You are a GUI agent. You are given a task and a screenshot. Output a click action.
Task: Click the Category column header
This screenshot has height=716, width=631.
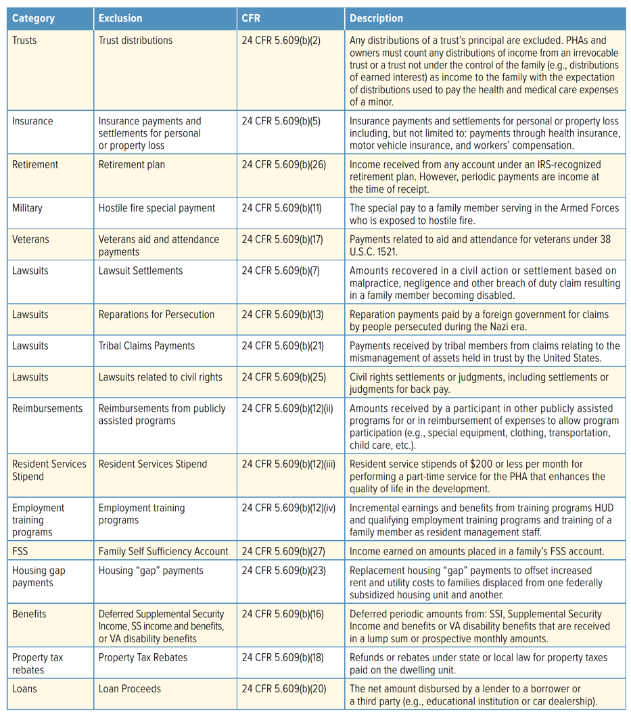33,18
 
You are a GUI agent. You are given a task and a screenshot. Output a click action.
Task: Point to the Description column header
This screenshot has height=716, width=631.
376,18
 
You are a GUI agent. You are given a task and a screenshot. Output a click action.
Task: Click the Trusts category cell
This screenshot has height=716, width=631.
24,41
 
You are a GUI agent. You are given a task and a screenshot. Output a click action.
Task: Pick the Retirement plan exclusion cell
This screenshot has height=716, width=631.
131,164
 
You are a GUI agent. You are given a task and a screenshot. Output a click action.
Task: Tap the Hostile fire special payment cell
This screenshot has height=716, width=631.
157,208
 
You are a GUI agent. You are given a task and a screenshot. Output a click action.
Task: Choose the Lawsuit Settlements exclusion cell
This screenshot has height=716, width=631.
141,270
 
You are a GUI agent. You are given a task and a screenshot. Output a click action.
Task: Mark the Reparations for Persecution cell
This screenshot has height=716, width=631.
156,314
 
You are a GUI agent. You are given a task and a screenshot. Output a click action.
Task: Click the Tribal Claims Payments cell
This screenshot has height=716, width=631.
147,345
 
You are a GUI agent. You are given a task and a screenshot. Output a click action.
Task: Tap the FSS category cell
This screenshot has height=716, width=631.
20,552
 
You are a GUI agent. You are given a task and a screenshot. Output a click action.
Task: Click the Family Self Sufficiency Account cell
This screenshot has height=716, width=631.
163,552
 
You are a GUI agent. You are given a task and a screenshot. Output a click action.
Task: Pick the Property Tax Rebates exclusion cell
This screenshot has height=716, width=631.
143,657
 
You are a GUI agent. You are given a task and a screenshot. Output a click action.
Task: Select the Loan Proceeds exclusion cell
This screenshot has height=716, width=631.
130,689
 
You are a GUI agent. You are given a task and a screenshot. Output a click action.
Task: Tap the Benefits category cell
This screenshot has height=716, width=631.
29,614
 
